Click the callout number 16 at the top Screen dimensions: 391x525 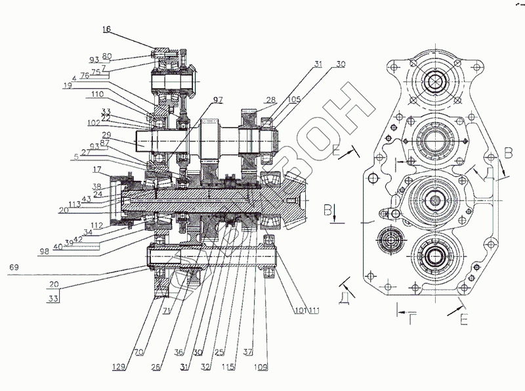(x=107, y=30)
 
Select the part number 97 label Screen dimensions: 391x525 (x=218, y=99)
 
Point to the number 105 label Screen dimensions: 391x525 (x=274, y=99)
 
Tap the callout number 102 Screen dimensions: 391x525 (x=94, y=122)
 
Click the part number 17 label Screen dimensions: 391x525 (x=96, y=169)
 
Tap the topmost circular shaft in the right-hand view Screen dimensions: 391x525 (x=434, y=83)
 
